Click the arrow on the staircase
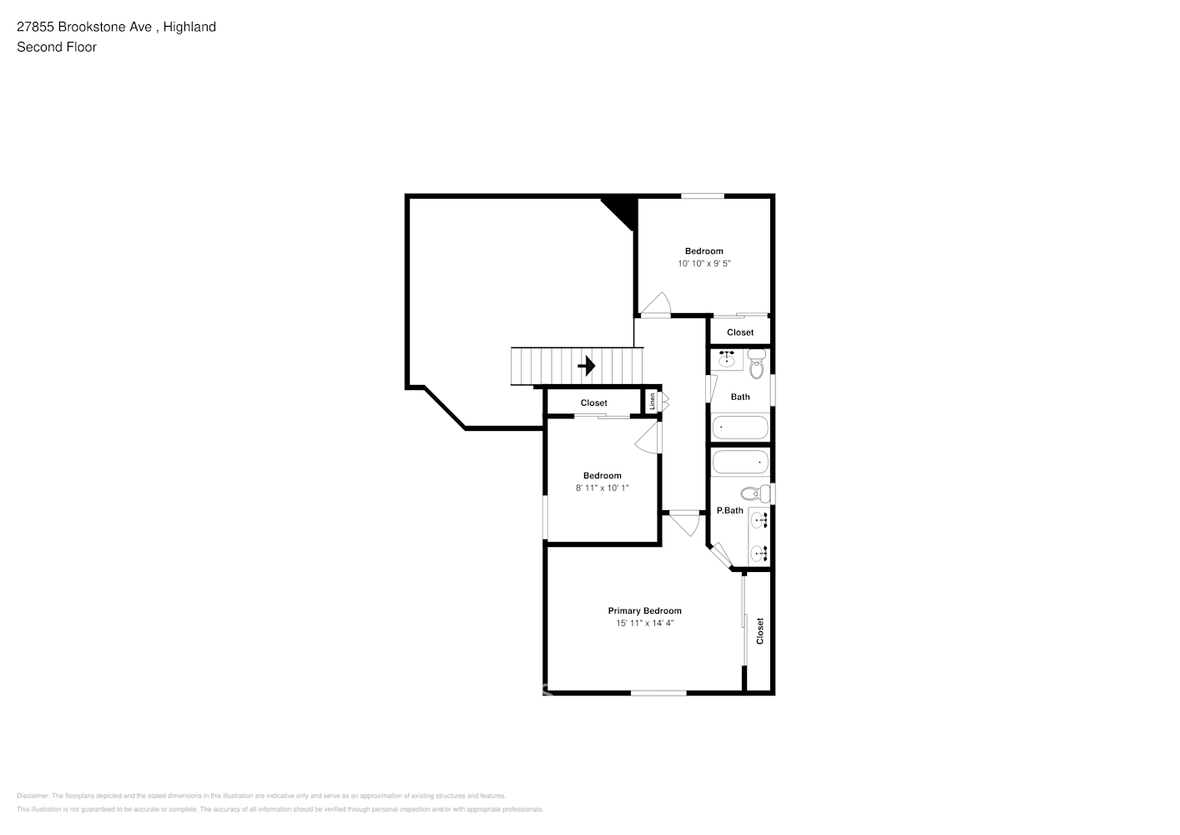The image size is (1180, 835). click(587, 366)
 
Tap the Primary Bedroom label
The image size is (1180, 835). click(644, 610)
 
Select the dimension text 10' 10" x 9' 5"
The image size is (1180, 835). click(703, 264)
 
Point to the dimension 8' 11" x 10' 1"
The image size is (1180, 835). click(602, 488)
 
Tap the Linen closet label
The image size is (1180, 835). click(653, 402)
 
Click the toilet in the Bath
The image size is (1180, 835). click(757, 366)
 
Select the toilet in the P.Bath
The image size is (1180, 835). click(755, 493)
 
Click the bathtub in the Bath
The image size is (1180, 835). click(739, 428)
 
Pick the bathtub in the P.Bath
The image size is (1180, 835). click(739, 462)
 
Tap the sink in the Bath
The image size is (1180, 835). click(727, 360)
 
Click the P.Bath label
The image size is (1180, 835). click(729, 510)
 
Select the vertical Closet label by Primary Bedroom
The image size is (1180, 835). click(760, 630)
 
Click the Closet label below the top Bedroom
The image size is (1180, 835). click(739, 332)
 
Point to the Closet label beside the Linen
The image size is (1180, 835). click(593, 402)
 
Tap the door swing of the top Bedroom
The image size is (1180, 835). click(657, 305)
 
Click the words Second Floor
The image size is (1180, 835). click(57, 47)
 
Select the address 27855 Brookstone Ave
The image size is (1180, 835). click(84, 27)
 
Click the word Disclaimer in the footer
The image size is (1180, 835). click(33, 796)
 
